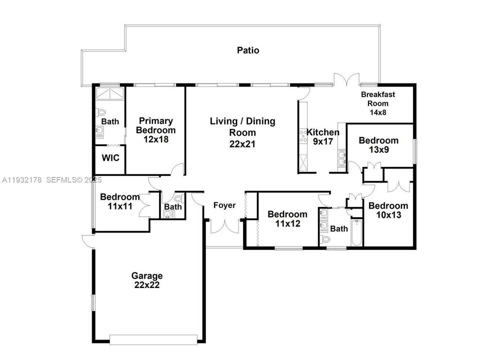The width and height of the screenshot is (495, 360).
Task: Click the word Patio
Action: [248, 50]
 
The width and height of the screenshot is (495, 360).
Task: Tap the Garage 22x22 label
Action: [147, 280]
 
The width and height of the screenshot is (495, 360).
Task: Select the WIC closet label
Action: [110, 158]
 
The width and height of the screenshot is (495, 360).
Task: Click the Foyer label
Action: [224, 205]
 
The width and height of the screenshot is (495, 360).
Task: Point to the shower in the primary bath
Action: [110, 94]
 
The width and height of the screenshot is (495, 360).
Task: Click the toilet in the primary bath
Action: [100, 112]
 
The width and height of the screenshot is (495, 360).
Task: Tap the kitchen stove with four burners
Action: [303, 136]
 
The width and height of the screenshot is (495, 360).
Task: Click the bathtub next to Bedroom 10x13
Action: [356, 232]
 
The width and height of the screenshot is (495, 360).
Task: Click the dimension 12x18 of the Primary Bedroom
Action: [156, 139]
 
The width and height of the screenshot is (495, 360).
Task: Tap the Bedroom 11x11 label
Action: [119, 201]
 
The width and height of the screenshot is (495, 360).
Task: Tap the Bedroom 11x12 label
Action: [287, 219]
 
